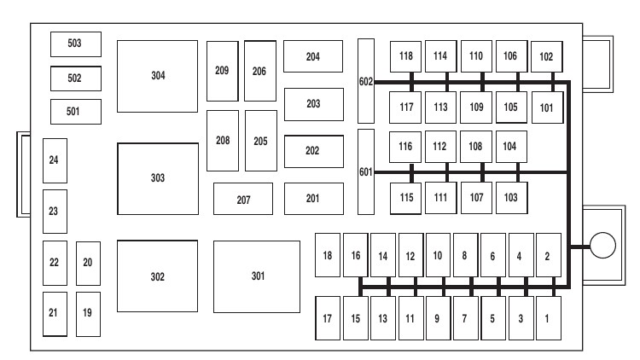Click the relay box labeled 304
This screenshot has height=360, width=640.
click(157, 76)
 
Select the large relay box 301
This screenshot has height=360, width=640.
click(257, 276)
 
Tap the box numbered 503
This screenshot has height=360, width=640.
click(75, 44)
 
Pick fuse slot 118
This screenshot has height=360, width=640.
click(405, 56)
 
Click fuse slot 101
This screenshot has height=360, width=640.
click(547, 107)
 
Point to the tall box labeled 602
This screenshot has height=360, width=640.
click(365, 80)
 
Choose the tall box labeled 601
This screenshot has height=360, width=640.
click(365, 171)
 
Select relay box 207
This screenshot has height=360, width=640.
click(243, 199)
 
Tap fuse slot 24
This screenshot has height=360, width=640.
click(55, 160)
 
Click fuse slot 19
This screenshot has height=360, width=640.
click(87, 313)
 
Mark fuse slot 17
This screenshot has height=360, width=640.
click(327, 318)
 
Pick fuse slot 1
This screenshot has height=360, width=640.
click(548, 318)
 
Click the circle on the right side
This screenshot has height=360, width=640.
click(602, 247)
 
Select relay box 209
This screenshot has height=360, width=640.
click(222, 71)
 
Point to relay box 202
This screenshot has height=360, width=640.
click(312, 151)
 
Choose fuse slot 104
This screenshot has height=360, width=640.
click(509, 146)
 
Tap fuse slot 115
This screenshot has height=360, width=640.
click(405, 198)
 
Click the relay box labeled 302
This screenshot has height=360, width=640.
click(157, 276)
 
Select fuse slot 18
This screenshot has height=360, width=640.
click(327, 255)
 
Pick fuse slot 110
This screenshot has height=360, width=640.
click(475, 56)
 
